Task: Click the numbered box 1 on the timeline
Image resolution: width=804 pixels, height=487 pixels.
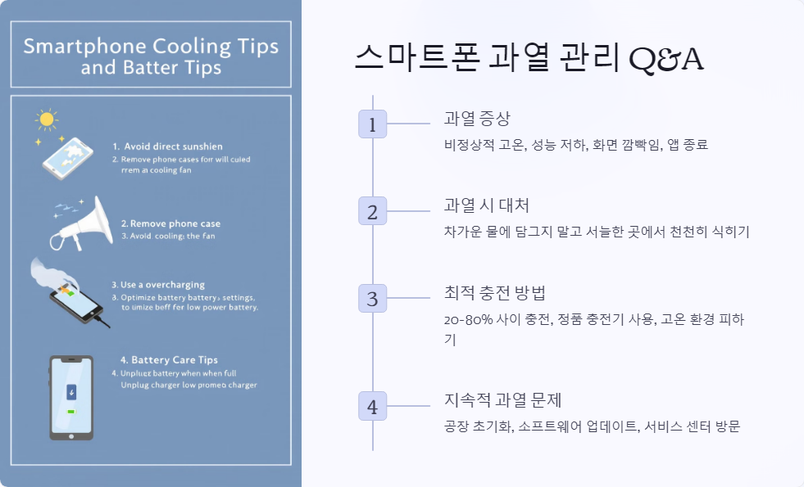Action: click(x=373, y=124)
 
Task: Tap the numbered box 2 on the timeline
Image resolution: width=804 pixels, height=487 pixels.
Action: click(x=373, y=211)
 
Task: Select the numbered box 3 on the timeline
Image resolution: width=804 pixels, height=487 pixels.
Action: click(x=373, y=298)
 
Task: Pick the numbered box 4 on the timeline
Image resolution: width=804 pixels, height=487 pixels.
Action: click(x=373, y=407)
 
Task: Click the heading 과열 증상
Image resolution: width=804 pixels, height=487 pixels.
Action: click(x=477, y=119)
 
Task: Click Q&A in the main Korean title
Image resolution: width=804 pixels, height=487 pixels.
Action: click(x=665, y=60)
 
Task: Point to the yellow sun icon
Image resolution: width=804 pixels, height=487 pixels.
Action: click(x=46, y=120)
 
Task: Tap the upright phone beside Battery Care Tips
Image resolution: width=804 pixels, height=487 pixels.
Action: click(x=71, y=398)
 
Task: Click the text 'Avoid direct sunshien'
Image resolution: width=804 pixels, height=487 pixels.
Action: click(x=172, y=147)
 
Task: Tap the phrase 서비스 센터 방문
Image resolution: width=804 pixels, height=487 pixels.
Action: click(x=693, y=426)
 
